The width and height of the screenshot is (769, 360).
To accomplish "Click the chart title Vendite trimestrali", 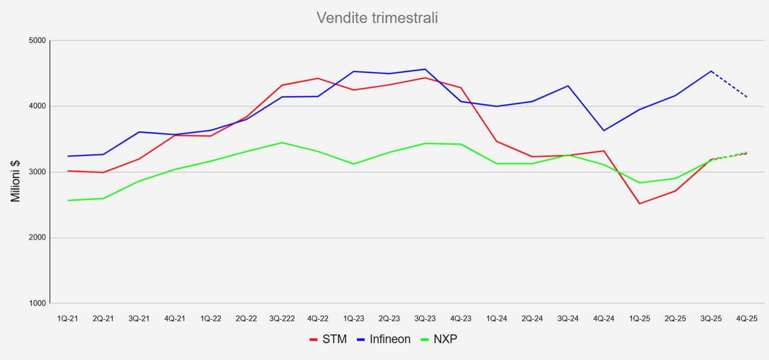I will tap(377, 18).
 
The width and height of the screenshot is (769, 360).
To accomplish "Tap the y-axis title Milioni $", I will tap(16, 181).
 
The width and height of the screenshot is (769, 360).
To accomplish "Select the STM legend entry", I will tap(328, 340).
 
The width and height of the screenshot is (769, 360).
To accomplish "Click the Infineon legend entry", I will tap(384, 340).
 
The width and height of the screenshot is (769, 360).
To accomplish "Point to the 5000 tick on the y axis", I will tap(37, 41).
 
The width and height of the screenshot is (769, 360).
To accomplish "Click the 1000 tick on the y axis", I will tap(37, 304).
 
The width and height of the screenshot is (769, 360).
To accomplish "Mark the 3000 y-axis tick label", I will tap(37, 172).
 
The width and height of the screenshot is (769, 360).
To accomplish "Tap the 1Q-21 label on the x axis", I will tap(67, 318).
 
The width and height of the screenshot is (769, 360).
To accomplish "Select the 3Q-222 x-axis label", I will tap(282, 318).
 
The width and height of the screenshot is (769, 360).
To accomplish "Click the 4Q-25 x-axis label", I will tap(747, 318).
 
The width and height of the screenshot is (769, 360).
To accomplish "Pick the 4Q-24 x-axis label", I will tap(604, 318).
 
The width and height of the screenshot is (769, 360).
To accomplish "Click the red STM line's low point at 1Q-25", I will tap(639, 204).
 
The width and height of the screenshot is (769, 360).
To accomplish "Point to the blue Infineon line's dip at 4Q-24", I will tap(604, 131).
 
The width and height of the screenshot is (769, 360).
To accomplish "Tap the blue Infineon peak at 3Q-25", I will tap(711, 71).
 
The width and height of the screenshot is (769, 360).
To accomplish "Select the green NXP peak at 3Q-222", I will tap(282, 142).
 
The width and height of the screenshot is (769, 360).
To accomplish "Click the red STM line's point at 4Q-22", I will tap(318, 78).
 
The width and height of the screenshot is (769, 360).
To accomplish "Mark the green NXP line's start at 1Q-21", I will tap(67, 200).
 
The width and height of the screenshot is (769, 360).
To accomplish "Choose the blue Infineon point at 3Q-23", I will tap(425, 69).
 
